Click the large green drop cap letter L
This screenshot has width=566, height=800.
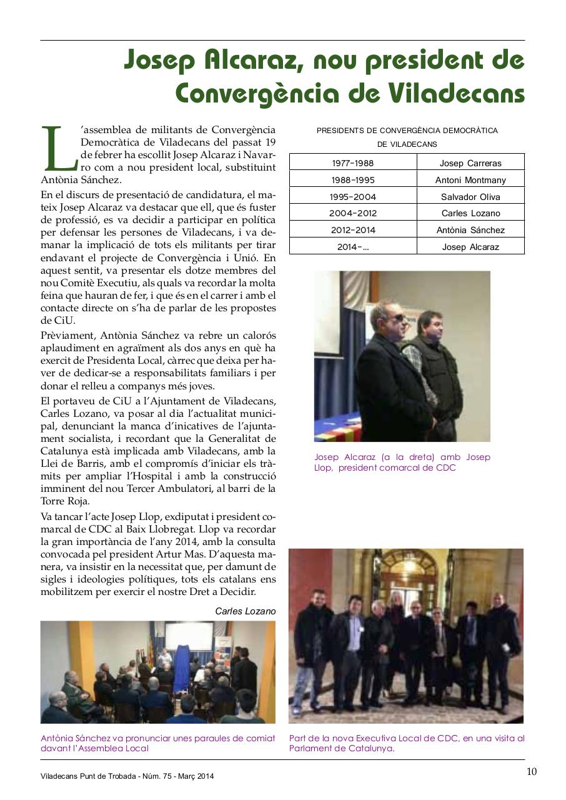(57, 149)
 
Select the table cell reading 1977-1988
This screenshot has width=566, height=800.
(353, 163)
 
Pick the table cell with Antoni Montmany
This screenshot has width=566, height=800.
(470, 180)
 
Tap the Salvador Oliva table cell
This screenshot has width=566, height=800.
(470, 197)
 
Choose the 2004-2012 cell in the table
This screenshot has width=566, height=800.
(353, 213)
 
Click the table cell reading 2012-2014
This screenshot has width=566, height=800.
(353, 230)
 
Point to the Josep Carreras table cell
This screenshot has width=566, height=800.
(470, 163)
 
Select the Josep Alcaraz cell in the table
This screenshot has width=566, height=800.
(470, 247)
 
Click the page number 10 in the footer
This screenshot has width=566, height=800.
(531, 771)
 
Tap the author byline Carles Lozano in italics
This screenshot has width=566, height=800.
(245, 611)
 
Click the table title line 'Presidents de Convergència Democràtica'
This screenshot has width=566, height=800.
(407, 131)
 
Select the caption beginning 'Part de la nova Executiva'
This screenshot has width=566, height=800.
(407, 743)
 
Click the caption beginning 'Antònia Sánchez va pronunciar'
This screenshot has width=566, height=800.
(157, 743)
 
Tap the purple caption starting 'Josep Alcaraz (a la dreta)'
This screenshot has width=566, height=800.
(402, 462)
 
